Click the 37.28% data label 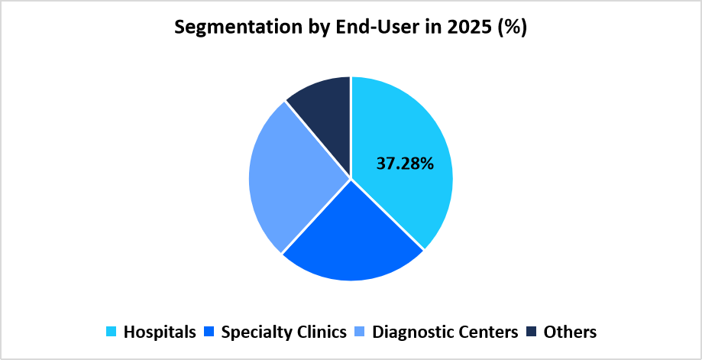tap(405, 163)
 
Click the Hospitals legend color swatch tap(112, 332)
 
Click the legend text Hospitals tap(159, 332)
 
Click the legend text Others tap(570, 332)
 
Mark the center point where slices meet tap(351, 179)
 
